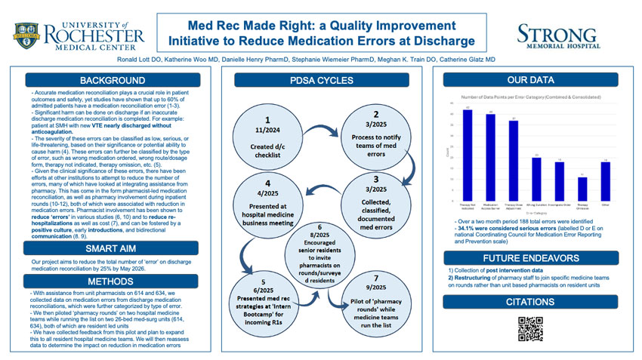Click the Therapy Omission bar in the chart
click(582, 189)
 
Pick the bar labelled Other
click(605, 182)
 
